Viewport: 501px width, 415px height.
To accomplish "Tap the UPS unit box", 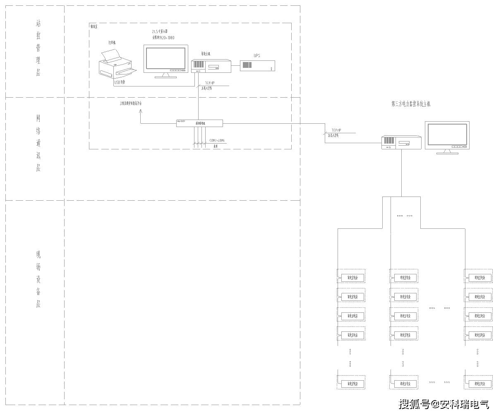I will point(257,65).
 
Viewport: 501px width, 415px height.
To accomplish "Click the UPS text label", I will point(257,55).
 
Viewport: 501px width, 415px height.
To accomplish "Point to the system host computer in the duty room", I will point(211,66).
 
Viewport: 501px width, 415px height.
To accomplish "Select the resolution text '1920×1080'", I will point(166,38).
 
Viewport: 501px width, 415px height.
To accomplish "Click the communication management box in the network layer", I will point(199,123).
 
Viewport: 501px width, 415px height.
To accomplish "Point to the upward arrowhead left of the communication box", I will point(141,111).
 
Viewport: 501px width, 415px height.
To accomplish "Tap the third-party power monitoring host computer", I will point(401,142).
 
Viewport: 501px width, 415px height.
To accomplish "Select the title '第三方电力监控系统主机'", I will point(411,104).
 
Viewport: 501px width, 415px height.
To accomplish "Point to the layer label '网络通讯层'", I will point(38,143).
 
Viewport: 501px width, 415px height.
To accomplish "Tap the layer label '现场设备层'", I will point(38,279).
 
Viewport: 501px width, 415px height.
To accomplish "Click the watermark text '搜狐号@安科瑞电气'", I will point(444,404).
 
